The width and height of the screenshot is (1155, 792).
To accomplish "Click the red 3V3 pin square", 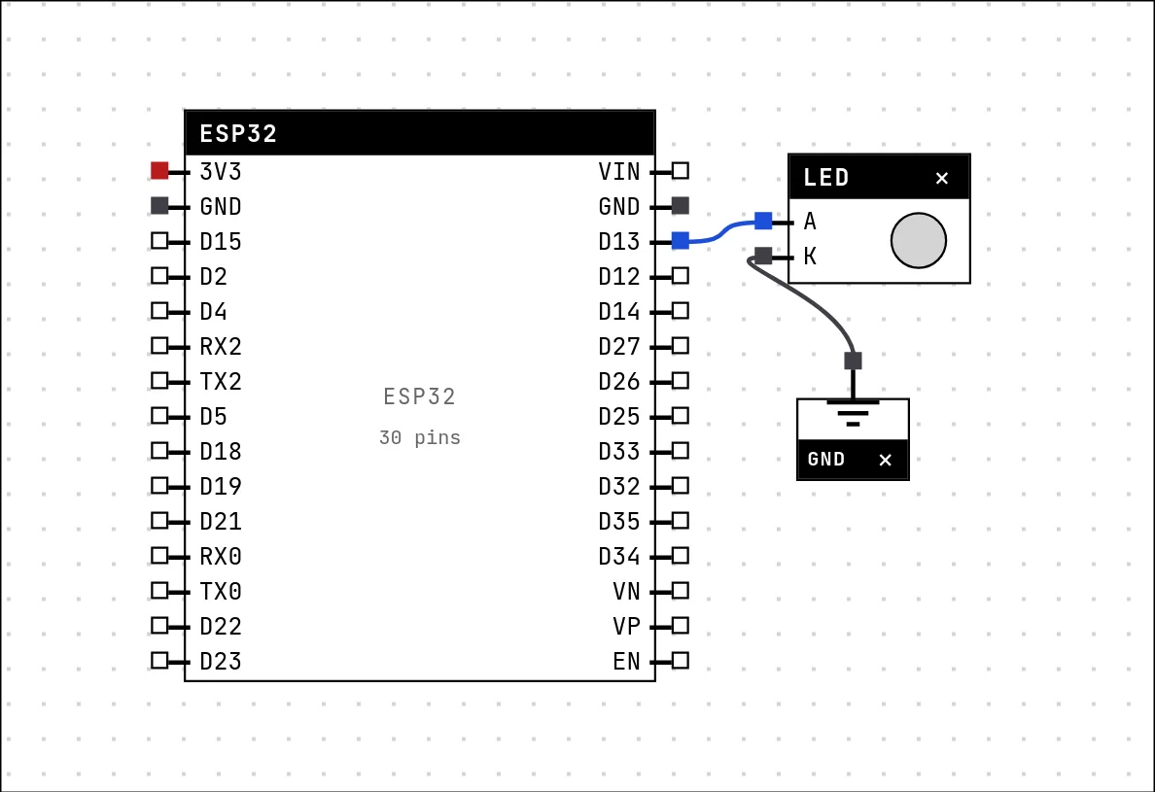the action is tap(159, 171).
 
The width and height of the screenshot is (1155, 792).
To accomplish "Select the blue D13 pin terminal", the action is tap(681, 241).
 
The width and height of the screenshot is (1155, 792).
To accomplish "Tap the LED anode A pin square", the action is tap(763, 220).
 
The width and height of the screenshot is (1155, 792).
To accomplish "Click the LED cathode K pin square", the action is tap(763, 256).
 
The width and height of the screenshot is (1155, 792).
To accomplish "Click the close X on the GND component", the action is tap(886, 460).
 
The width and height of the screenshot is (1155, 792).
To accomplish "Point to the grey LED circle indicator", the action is tap(919, 241).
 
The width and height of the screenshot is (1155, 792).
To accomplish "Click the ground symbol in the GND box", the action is tap(853, 413).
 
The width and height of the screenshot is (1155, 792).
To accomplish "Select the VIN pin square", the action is tap(681, 171).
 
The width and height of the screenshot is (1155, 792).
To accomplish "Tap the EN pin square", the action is tap(681, 660).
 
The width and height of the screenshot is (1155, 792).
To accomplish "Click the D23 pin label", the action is tap(221, 661).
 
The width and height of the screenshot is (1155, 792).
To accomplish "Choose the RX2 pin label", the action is tap(221, 346).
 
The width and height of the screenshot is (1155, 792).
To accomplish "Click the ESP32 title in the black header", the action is tap(238, 133).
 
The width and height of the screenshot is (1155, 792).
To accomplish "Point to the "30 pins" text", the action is tap(420, 438).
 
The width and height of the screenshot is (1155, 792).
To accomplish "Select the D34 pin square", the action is tap(681, 556).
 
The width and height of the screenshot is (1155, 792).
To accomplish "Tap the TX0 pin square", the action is tap(159, 590).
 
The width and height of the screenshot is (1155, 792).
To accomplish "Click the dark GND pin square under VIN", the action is tap(681, 205).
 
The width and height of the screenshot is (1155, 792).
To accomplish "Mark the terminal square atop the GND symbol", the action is tap(853, 361).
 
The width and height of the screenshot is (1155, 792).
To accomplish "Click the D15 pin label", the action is tap(221, 241).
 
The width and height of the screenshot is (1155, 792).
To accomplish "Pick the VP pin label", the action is tap(626, 626).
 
